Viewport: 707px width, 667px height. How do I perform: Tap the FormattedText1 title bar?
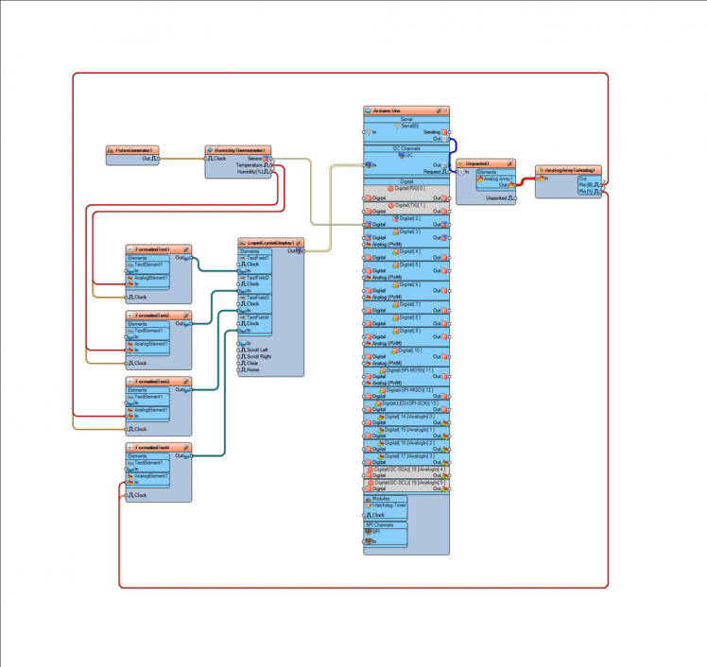pos(154,249)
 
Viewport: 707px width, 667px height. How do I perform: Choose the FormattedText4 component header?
pos(154,447)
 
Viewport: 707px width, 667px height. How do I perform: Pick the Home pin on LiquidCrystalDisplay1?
pos(252,369)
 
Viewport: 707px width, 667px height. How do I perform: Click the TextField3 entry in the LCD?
pos(258,298)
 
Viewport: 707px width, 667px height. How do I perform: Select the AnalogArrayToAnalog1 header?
pos(570,170)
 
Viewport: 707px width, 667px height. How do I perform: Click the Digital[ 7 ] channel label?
pos(410,304)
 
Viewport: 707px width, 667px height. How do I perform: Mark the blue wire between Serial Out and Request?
pos(457,146)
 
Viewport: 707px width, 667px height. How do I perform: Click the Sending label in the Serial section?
pos(432,132)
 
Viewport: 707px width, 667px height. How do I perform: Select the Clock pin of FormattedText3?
pos(140,429)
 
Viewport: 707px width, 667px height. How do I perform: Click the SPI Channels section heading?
pos(380,524)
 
